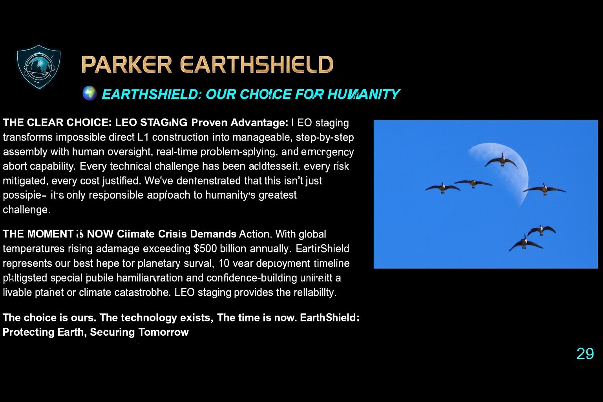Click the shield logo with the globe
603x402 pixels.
click(x=38, y=67)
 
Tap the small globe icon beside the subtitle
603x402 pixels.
click(x=89, y=93)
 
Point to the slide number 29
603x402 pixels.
click(x=585, y=354)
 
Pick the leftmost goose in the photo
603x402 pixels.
click(x=442, y=188)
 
